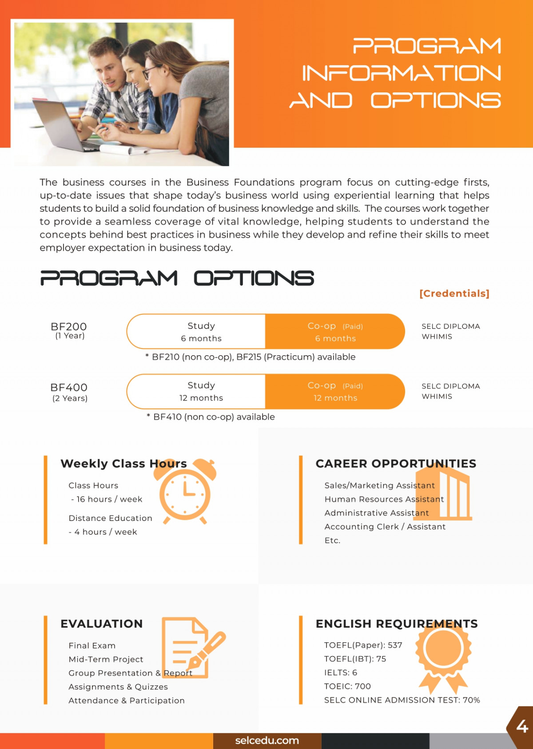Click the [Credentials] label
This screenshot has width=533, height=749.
coord(454,294)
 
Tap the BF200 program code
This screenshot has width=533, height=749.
coord(69,327)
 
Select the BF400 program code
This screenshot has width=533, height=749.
coord(69,388)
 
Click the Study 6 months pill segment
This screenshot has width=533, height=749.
coord(201,332)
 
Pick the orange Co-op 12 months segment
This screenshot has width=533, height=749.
coord(335,392)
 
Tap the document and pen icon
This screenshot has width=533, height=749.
coord(191,647)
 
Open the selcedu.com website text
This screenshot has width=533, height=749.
coord(267,741)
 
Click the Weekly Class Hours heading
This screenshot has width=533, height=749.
coord(123,464)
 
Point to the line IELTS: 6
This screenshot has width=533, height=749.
coord(341,673)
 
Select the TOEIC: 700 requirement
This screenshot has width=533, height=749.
coord(347,686)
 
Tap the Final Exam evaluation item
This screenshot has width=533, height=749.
coord(92,645)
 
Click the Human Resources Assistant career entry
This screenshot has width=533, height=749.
coord(384,499)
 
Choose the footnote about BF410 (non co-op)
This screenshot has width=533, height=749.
coord(211,417)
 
